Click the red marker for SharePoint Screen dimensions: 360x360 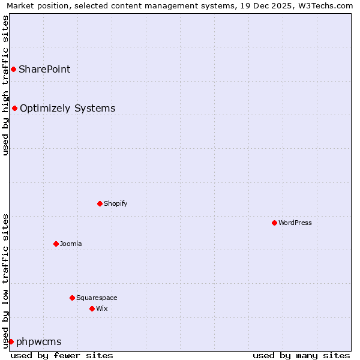point(13,69)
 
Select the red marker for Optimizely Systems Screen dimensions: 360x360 point(14,108)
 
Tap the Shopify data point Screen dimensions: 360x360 point(100,203)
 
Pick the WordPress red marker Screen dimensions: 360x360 point(274,223)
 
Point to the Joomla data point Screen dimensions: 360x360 point(56,244)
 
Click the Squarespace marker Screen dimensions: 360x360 point(72,298)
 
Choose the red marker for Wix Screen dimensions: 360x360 point(92,308)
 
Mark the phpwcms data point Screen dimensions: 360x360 point(11,341)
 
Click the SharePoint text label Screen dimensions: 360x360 point(44,69)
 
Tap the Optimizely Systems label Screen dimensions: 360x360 point(67,108)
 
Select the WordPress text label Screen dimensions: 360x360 point(295,223)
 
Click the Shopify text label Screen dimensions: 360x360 point(115,203)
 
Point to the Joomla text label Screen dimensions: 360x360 point(71,244)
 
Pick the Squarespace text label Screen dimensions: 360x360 point(97,298)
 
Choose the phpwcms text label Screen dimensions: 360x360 point(39,341)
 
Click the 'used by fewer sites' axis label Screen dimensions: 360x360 point(62,355)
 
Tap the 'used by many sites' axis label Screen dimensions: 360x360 point(301,355)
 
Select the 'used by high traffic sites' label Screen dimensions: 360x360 point(5,85)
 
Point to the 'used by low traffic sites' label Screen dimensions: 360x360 point(5,280)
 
